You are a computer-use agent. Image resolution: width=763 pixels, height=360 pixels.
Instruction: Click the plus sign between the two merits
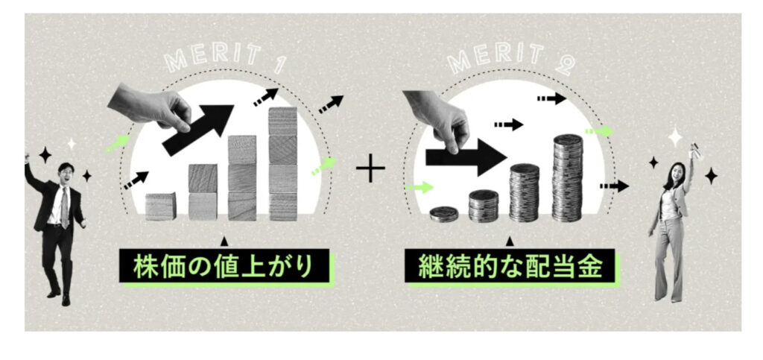pyautogui.click(x=370, y=170)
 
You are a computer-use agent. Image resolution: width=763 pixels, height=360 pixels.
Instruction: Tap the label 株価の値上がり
pyautogui.click(x=223, y=265)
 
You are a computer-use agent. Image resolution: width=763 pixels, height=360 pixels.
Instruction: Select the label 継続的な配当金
pyautogui.click(x=510, y=265)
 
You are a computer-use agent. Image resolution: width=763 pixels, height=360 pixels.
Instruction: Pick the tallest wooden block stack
pyautogui.click(x=283, y=164)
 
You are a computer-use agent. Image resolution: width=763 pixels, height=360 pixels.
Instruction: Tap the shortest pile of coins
pyautogui.click(x=444, y=213)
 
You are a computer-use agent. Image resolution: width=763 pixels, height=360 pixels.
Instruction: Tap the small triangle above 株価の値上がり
pyautogui.click(x=222, y=241)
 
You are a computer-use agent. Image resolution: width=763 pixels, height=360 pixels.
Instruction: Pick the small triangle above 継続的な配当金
pyautogui.click(x=510, y=241)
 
